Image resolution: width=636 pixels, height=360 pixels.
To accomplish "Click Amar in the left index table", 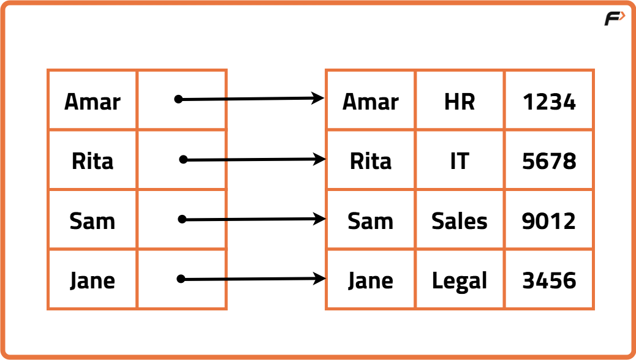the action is pos(93,102).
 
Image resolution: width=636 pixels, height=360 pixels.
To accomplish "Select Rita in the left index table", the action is pos(93,161).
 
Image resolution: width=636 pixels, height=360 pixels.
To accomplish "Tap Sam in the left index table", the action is pos(93,221).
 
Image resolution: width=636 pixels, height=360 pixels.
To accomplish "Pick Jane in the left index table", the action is pos(93,280).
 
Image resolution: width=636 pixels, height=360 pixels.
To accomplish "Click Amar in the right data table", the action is pos(371,102).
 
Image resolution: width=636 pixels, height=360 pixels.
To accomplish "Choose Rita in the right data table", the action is pos(371,161).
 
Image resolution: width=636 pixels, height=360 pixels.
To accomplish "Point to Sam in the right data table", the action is pos(371,221).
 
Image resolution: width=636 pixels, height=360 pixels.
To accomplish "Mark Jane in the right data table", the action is pos(371,280).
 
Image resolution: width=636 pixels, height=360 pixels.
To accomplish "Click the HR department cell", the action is pos(460,102).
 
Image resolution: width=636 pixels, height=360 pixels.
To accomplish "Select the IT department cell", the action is pos(460,161).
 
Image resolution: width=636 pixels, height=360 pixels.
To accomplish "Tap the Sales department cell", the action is pos(460,221).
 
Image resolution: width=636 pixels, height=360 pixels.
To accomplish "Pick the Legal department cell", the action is pos(460,281).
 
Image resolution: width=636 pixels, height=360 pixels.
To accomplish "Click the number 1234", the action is pos(549,102).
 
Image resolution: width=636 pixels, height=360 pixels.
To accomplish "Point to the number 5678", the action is pos(549,161).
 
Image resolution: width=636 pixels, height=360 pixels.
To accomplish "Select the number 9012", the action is pos(549,221).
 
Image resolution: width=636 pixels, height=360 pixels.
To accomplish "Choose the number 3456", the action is pos(549,280).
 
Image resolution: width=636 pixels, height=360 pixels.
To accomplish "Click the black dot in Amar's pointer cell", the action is pos(178,99).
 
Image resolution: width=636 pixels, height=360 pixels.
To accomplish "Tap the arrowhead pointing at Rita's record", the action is pos(320,159).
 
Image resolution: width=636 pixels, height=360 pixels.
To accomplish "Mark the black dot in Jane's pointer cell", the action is pos(181,279).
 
